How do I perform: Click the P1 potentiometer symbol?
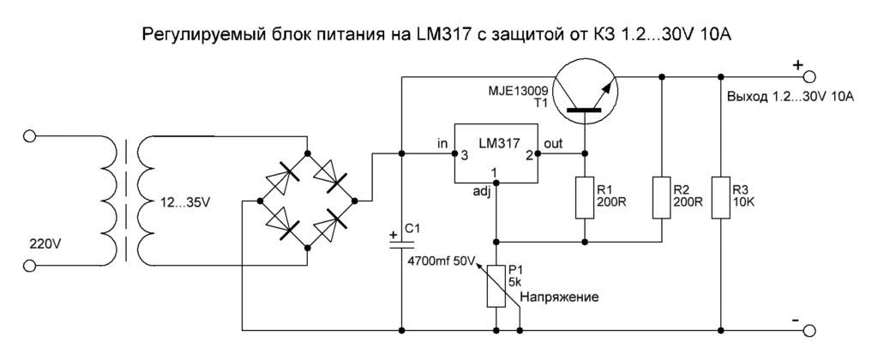pyautogui.click(x=496, y=286)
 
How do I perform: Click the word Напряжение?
pyautogui.click(x=557, y=297)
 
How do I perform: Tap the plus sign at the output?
pyautogui.click(x=797, y=63)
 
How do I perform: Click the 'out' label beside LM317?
pyautogui.click(x=554, y=143)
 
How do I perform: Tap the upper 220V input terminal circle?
pyautogui.click(x=31, y=135)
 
